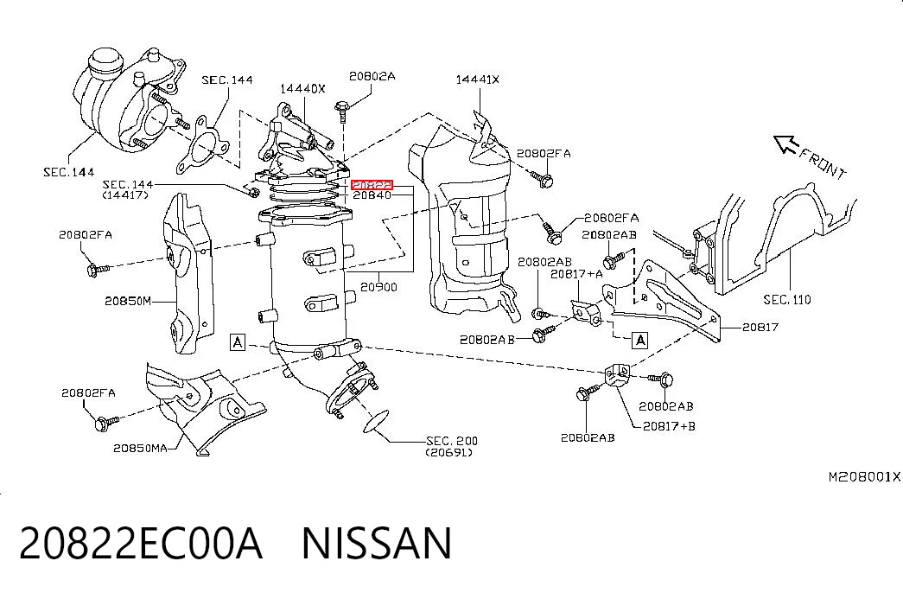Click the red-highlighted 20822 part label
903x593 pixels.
[372, 185]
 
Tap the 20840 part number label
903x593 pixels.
[372, 195]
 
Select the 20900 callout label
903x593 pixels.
[379, 286]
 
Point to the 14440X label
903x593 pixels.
[303, 89]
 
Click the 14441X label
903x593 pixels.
[477, 80]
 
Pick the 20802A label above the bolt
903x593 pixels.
[372, 76]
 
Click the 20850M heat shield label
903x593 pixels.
[128, 301]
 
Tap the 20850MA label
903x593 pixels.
[140, 448]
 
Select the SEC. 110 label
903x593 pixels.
[787, 300]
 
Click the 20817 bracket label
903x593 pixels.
[760, 328]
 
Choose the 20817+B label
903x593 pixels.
[669, 426]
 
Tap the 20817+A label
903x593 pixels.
[576, 274]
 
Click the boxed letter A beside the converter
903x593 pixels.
[238, 342]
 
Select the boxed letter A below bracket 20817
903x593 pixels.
[639, 341]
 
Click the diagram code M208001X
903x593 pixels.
[864, 476]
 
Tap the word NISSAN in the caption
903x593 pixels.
[377, 544]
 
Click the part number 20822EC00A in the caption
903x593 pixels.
[141, 544]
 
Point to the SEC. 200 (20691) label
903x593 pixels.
[451, 447]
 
